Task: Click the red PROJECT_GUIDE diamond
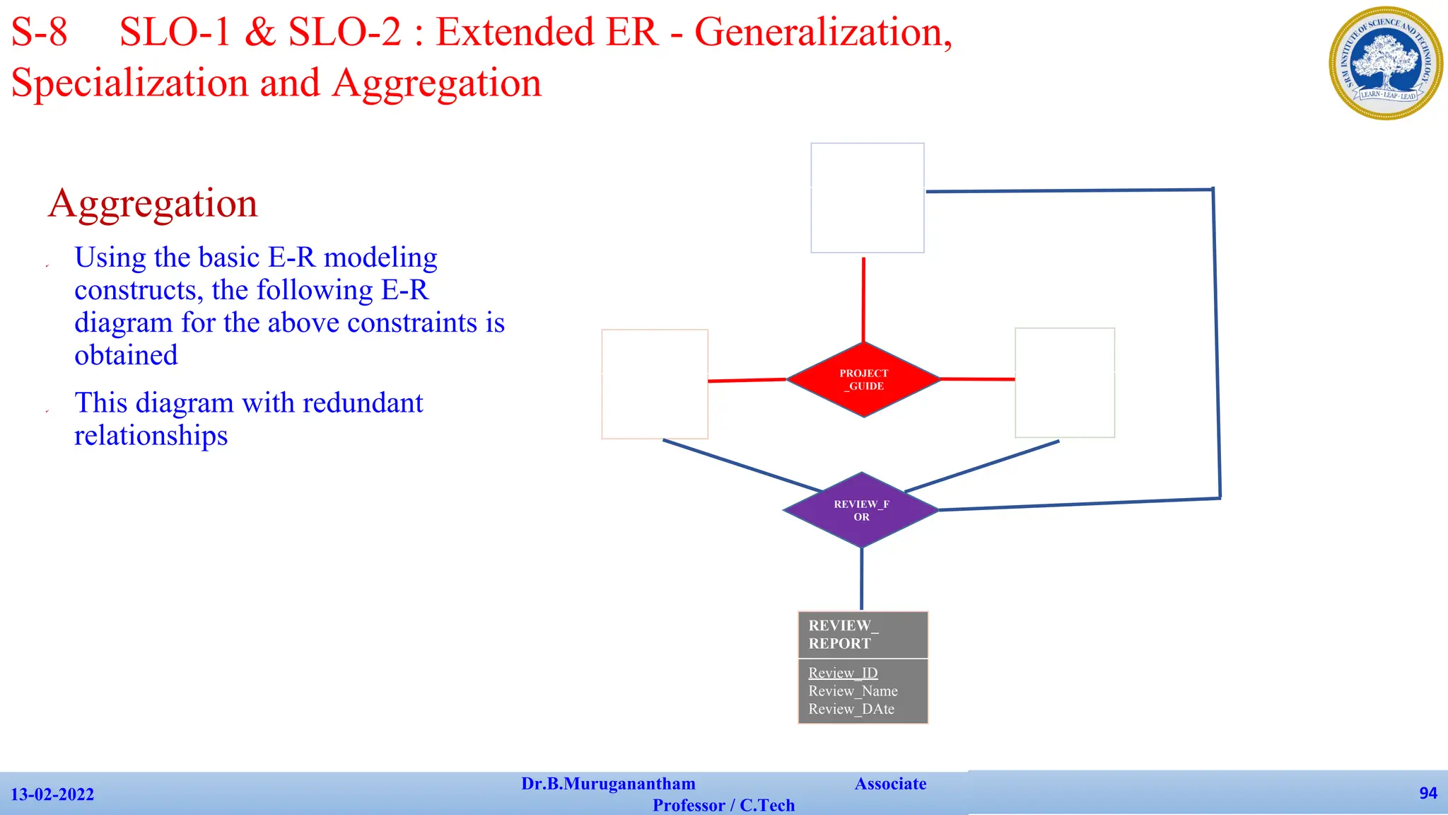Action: (863, 380)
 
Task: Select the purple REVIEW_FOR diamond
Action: (861, 510)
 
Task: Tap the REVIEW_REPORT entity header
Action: (863, 635)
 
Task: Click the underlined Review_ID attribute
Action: (843, 673)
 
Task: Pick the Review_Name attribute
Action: (853, 691)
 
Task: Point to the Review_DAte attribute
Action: (851, 709)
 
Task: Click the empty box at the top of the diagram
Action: (867, 198)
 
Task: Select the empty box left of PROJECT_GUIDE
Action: (655, 384)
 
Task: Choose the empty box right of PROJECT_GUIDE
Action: (1065, 383)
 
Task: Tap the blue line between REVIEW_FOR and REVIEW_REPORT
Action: (861, 578)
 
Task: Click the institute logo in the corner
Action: (1386, 63)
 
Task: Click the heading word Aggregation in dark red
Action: (153, 204)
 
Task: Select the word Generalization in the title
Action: (823, 33)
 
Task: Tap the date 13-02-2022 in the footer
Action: (52, 794)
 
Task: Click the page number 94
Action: (1427, 793)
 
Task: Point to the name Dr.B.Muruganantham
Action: (608, 784)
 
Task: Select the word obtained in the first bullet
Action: (126, 355)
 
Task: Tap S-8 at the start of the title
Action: (40, 33)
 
